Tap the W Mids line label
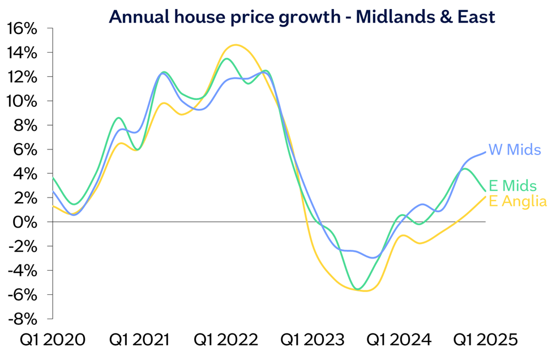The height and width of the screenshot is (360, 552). tap(514, 150)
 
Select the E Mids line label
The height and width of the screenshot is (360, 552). tap(512, 186)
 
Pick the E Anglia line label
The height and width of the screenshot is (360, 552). tap(517, 202)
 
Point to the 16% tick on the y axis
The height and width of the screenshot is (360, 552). tap(23, 28)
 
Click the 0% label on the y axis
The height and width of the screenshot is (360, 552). tap(29, 222)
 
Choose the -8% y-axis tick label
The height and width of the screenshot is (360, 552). tap(23, 319)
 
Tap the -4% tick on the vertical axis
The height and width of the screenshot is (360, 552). tap(23, 271)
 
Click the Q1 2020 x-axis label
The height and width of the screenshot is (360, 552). tap(53, 340)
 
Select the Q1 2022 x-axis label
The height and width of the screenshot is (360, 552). tap(226, 340)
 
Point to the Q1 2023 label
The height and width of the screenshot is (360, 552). tap(313, 340)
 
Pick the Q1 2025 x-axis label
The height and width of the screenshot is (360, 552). tap(486, 340)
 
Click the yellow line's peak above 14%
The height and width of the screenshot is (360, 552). tap(236, 45)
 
